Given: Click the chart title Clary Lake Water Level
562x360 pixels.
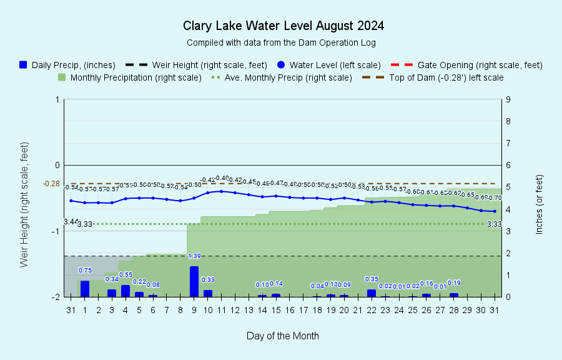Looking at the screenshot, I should tap(283, 26).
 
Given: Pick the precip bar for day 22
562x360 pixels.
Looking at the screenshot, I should tap(372, 292).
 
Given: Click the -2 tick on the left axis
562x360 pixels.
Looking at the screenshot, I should tap(57, 297).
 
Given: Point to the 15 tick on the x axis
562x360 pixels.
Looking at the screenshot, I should tap(276, 310).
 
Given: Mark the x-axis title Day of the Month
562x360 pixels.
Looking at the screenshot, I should tap(282, 336).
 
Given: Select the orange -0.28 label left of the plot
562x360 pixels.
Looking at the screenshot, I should tap(51, 184).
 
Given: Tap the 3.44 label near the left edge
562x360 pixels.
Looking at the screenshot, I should tap(71, 222).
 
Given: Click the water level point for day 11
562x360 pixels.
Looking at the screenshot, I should tap(221, 191).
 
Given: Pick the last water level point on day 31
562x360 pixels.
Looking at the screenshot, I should tap(495, 211).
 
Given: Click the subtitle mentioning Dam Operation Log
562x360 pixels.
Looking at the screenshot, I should tap(281, 42).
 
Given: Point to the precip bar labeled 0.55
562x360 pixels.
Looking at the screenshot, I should tap(126, 291).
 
